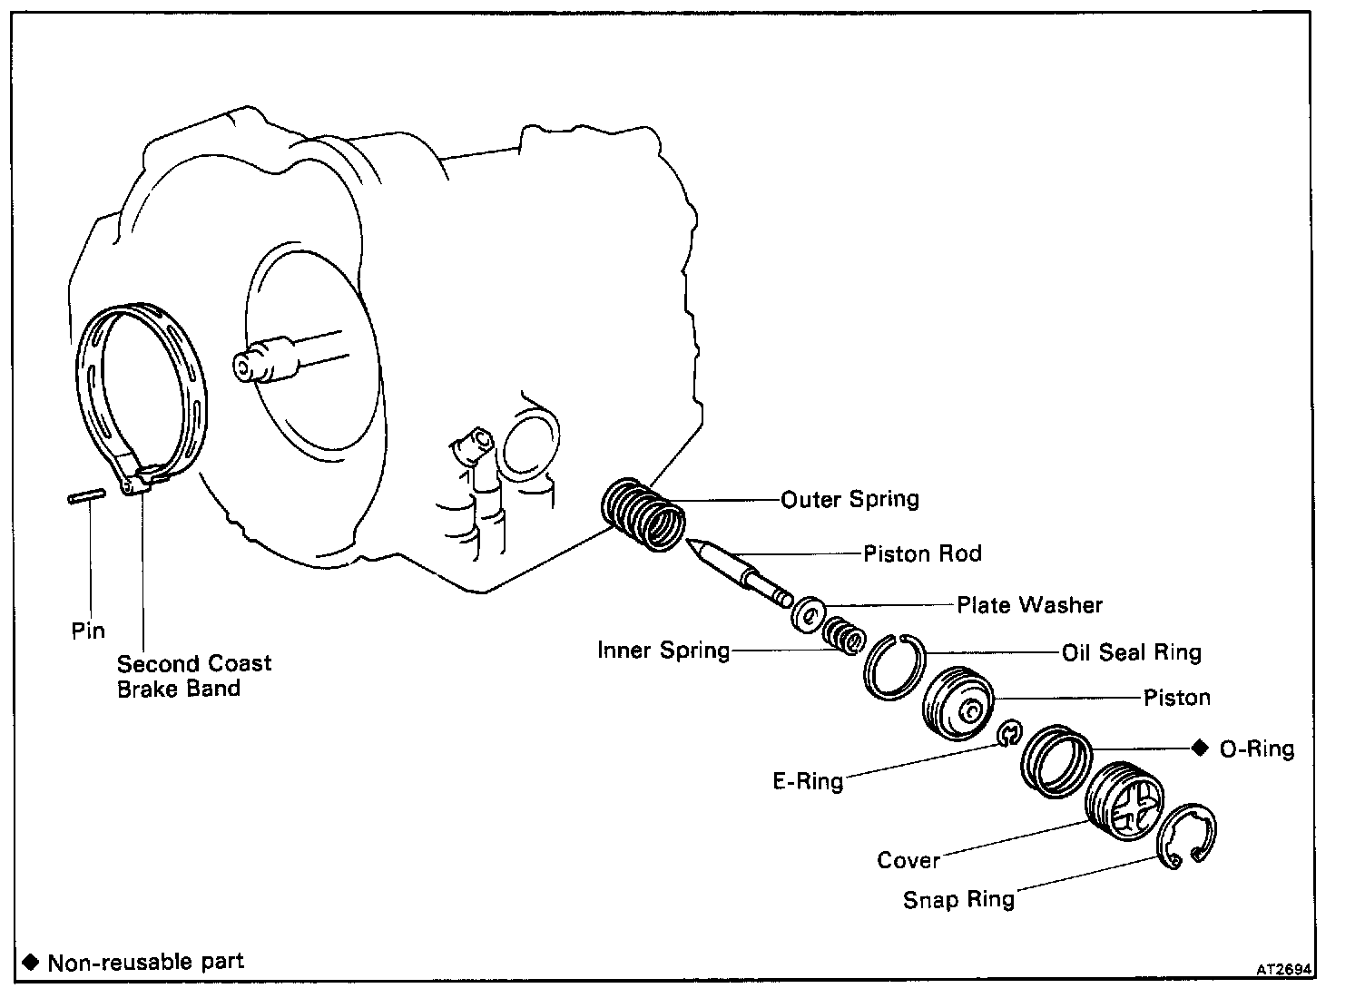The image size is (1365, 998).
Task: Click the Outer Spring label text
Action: click(849, 499)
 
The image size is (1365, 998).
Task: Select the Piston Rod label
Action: click(922, 553)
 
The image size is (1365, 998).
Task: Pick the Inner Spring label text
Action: click(663, 651)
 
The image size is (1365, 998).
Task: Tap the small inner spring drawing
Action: click(844, 634)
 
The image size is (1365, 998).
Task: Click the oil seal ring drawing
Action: click(894, 667)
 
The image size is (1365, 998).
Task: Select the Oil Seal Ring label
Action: click(1131, 652)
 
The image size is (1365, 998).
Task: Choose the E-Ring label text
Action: click(808, 780)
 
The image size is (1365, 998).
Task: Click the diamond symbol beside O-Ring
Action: click(1200, 748)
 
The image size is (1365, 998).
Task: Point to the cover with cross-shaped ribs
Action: click(1124, 800)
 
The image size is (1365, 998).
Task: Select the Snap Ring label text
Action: click(958, 899)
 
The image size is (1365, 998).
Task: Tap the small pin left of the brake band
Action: click(86, 495)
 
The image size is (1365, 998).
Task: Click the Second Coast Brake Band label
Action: click(193, 676)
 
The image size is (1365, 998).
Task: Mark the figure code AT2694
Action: click(1284, 968)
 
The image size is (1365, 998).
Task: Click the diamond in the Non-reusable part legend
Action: click(32, 962)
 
